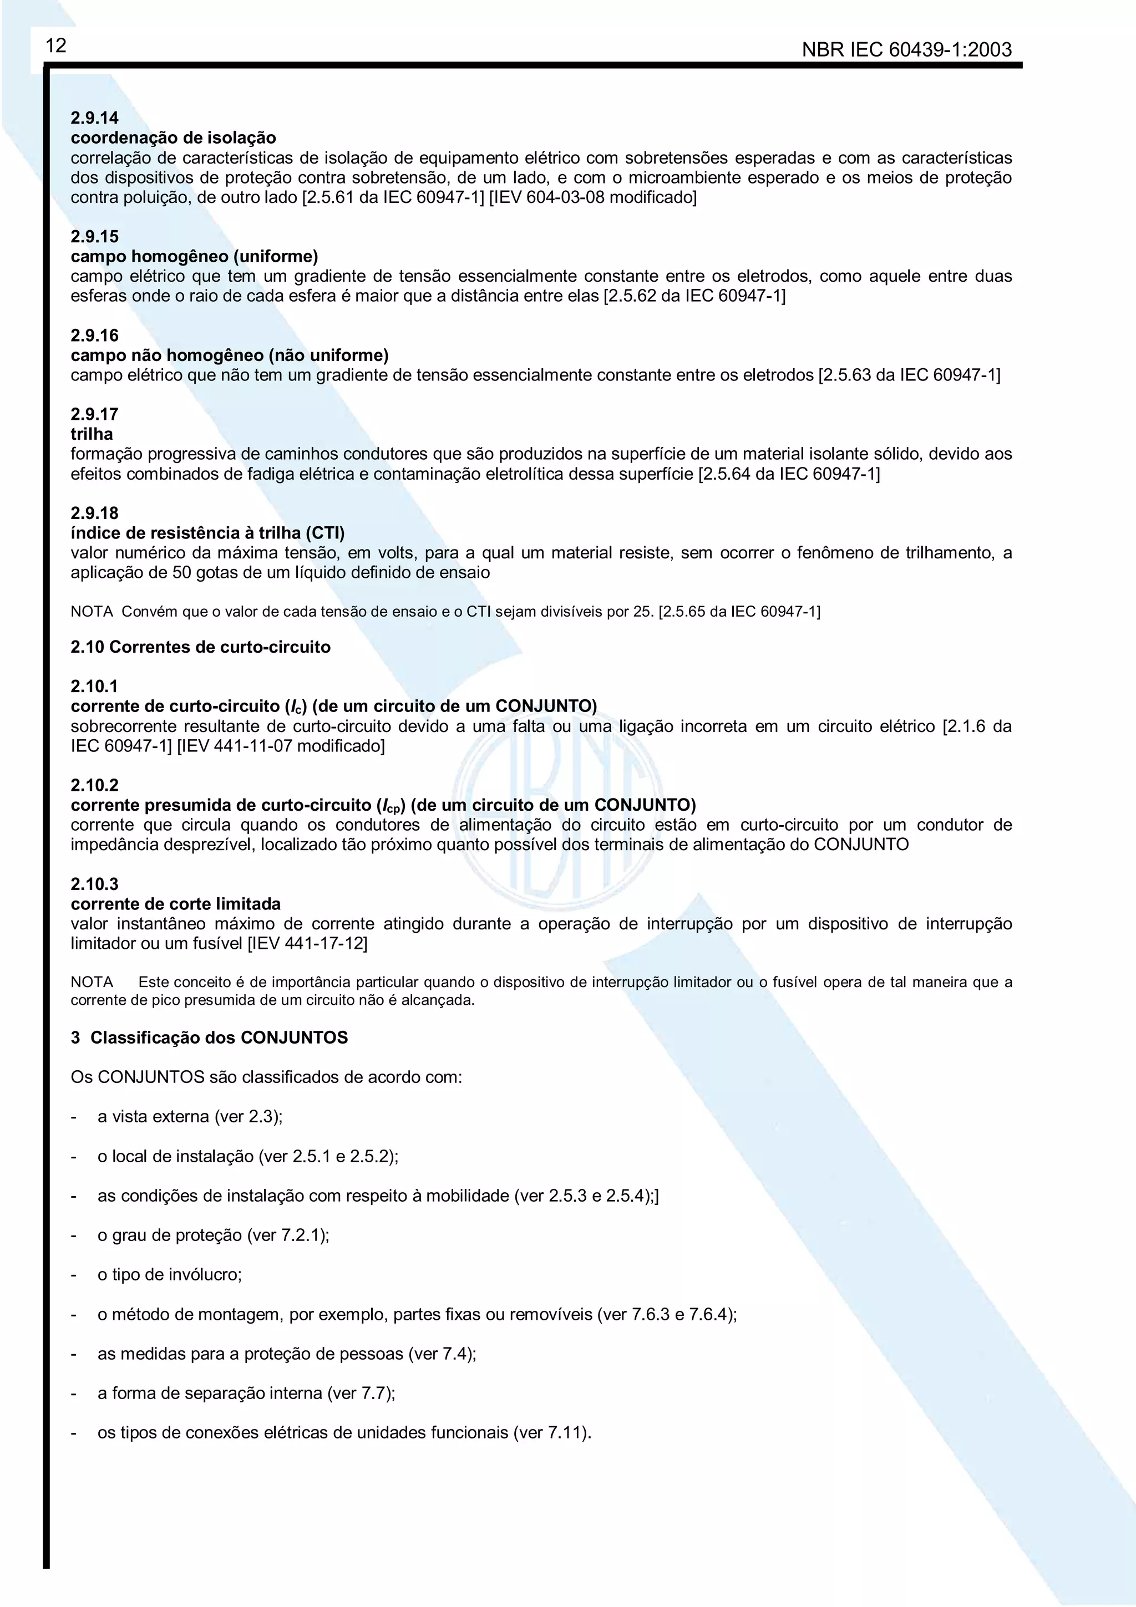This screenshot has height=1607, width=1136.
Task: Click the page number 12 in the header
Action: pos(56,46)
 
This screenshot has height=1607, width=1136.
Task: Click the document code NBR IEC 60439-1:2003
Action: pos(906,50)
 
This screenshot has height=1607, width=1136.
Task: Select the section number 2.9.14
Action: pos(94,118)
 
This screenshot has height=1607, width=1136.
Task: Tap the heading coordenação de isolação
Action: pos(173,138)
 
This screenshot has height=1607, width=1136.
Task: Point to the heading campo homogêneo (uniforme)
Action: pos(194,256)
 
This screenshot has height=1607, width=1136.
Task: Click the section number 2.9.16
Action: pos(94,335)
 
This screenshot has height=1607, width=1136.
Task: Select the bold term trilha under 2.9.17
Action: pos(92,434)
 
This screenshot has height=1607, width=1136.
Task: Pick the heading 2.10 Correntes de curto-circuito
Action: pos(200,647)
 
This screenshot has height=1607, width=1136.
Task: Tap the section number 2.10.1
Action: pos(94,686)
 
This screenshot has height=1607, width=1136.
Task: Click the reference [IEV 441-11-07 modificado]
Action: pos(281,745)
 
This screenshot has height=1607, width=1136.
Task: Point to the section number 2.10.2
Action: pos(94,785)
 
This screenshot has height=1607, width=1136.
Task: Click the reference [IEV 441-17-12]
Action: pos(307,943)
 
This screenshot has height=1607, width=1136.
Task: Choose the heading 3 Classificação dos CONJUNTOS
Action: pos(209,1038)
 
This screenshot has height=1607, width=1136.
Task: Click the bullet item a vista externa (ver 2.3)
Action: pos(190,1116)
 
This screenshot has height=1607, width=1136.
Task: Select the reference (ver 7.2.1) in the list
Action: pos(288,1235)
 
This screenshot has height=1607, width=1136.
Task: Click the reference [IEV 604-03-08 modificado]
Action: pos(592,197)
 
